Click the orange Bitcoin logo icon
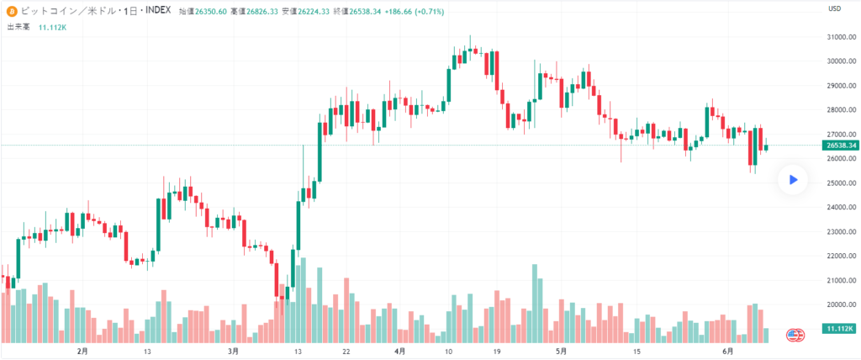[11, 11]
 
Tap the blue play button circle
[792, 179]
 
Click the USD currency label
[835, 8]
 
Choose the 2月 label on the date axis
[82, 351]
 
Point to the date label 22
[346, 351]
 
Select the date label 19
[498, 351]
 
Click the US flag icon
[794, 335]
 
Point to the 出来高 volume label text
[18, 27]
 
